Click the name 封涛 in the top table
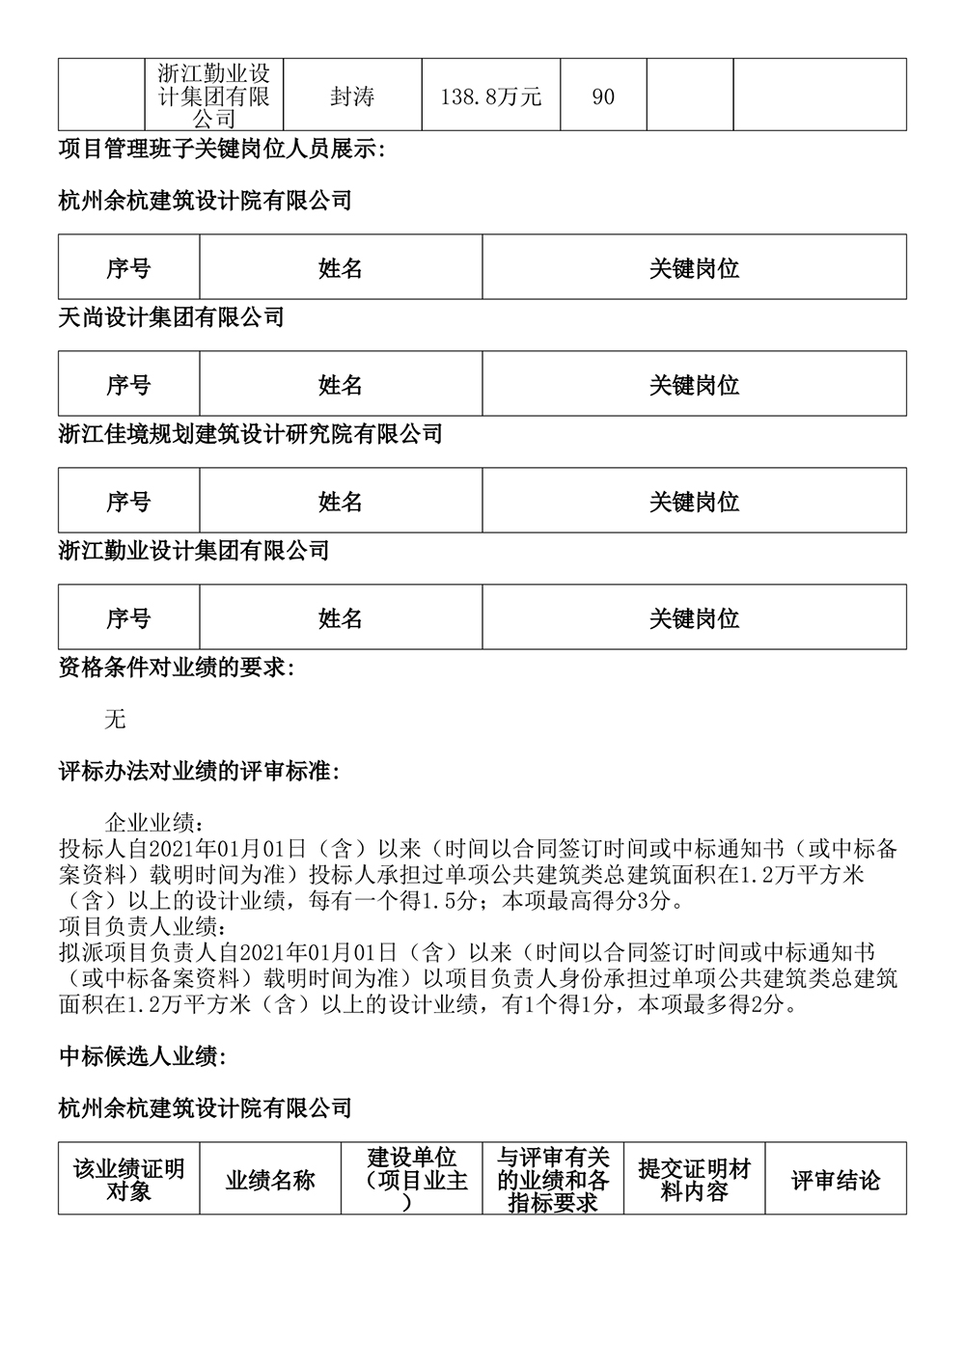pyautogui.click(x=352, y=96)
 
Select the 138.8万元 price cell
pyautogui.click(x=490, y=96)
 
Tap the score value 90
pyautogui.click(x=603, y=96)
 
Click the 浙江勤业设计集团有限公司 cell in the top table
pyautogui.click(x=214, y=96)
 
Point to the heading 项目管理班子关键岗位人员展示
pyautogui.click(x=221, y=150)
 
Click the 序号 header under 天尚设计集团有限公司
pyautogui.click(x=128, y=385)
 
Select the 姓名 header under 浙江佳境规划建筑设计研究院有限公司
pyautogui.click(x=341, y=502)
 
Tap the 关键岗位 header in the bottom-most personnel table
pyautogui.click(x=694, y=618)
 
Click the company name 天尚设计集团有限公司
pyautogui.click(x=171, y=317)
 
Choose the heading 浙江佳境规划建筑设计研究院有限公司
pyautogui.click(x=250, y=434)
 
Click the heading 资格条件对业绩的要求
pyautogui.click(x=177, y=668)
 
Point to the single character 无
pyautogui.click(x=115, y=720)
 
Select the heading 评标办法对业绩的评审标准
pyautogui.click(x=199, y=773)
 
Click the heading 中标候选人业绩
pyautogui.click(x=142, y=1056)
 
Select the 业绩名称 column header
pyautogui.click(x=270, y=1180)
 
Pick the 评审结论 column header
pyautogui.click(x=836, y=1180)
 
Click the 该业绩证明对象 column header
pyautogui.click(x=128, y=1180)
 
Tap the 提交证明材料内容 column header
pyautogui.click(x=694, y=1180)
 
